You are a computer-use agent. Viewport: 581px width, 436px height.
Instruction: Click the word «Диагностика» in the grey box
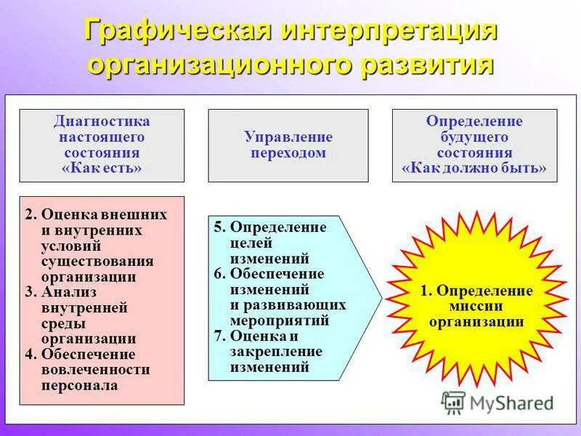(x=102, y=121)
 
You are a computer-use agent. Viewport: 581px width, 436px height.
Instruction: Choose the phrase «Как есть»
(x=102, y=168)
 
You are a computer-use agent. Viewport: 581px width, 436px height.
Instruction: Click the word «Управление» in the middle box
(x=288, y=137)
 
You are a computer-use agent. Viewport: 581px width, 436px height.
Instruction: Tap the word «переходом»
(x=288, y=153)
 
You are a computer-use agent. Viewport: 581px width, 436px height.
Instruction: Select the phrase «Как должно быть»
(x=474, y=168)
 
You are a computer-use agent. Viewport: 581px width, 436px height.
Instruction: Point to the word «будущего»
(x=474, y=137)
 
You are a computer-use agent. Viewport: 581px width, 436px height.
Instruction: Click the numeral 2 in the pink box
(x=29, y=215)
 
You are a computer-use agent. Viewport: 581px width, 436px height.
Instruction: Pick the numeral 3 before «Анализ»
(x=29, y=293)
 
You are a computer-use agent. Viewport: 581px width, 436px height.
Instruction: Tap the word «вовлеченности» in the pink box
(x=96, y=370)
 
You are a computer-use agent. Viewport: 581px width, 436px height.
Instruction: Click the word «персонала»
(x=80, y=386)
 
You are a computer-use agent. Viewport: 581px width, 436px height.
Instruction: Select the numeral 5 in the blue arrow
(x=218, y=227)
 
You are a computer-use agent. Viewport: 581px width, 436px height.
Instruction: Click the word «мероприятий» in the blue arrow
(x=280, y=320)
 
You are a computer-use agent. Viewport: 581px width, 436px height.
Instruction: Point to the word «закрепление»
(x=276, y=352)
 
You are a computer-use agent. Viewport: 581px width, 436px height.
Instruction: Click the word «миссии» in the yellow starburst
(x=476, y=307)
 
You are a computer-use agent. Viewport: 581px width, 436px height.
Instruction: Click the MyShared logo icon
(x=454, y=403)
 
